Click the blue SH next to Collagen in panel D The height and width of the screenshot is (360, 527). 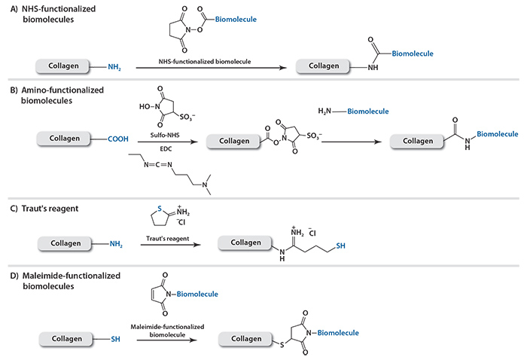[x=115, y=339]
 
